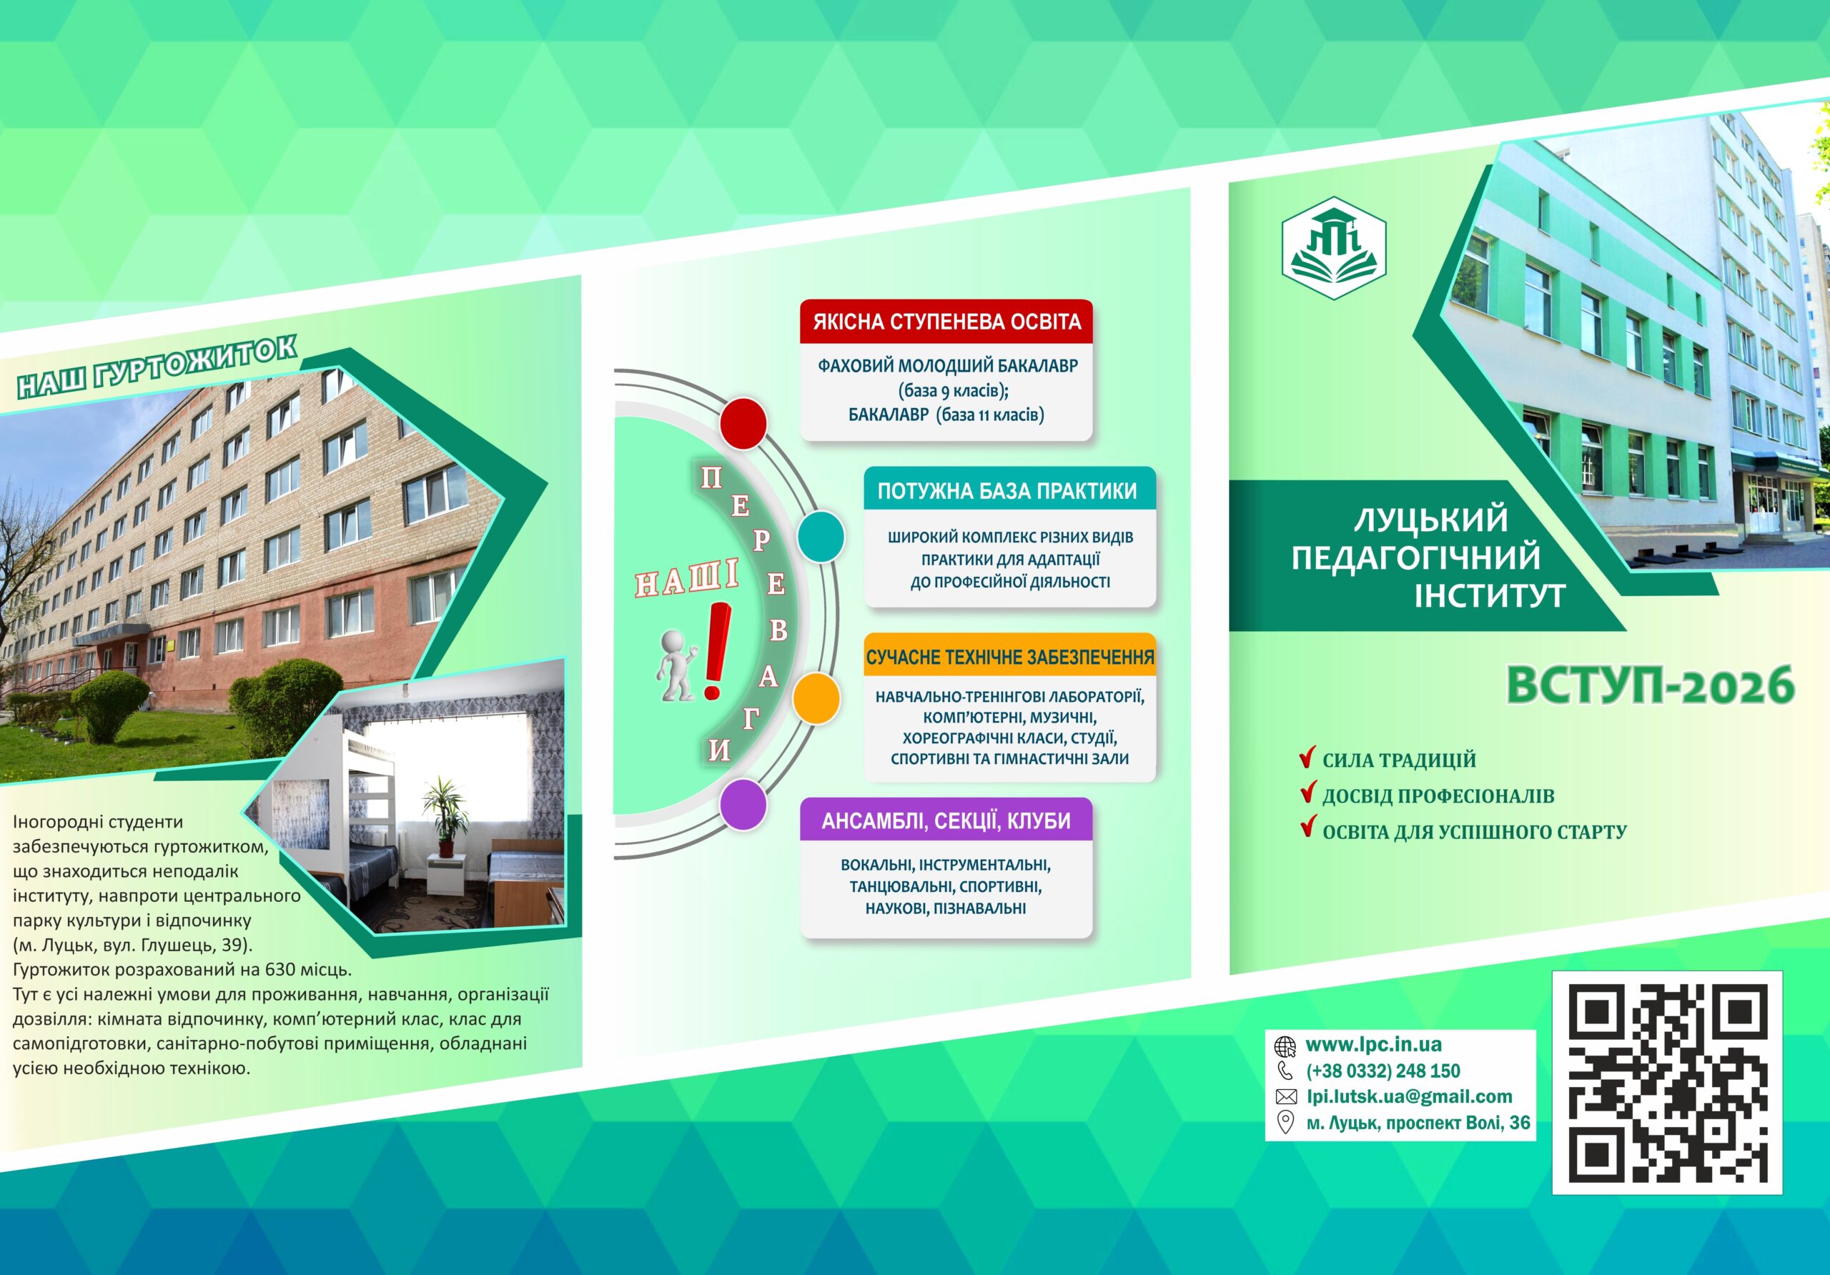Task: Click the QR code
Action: coord(1668,1083)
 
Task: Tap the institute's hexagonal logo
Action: coord(1334,248)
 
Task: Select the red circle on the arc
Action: coord(743,423)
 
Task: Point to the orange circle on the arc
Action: coord(816,698)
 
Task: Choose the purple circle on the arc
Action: coord(743,805)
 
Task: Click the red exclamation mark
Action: coord(716,650)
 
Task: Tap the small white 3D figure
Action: coord(676,665)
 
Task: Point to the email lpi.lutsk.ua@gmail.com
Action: coord(1409,1096)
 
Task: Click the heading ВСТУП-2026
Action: coord(1650,685)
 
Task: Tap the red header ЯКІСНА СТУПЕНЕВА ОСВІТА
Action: coord(946,322)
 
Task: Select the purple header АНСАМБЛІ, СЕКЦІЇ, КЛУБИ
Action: coord(946,820)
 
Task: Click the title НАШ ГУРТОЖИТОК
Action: coord(157,367)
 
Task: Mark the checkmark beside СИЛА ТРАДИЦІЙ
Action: coord(1306,757)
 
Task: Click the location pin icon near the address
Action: coord(1285,1123)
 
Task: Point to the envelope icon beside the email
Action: coord(1285,1097)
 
